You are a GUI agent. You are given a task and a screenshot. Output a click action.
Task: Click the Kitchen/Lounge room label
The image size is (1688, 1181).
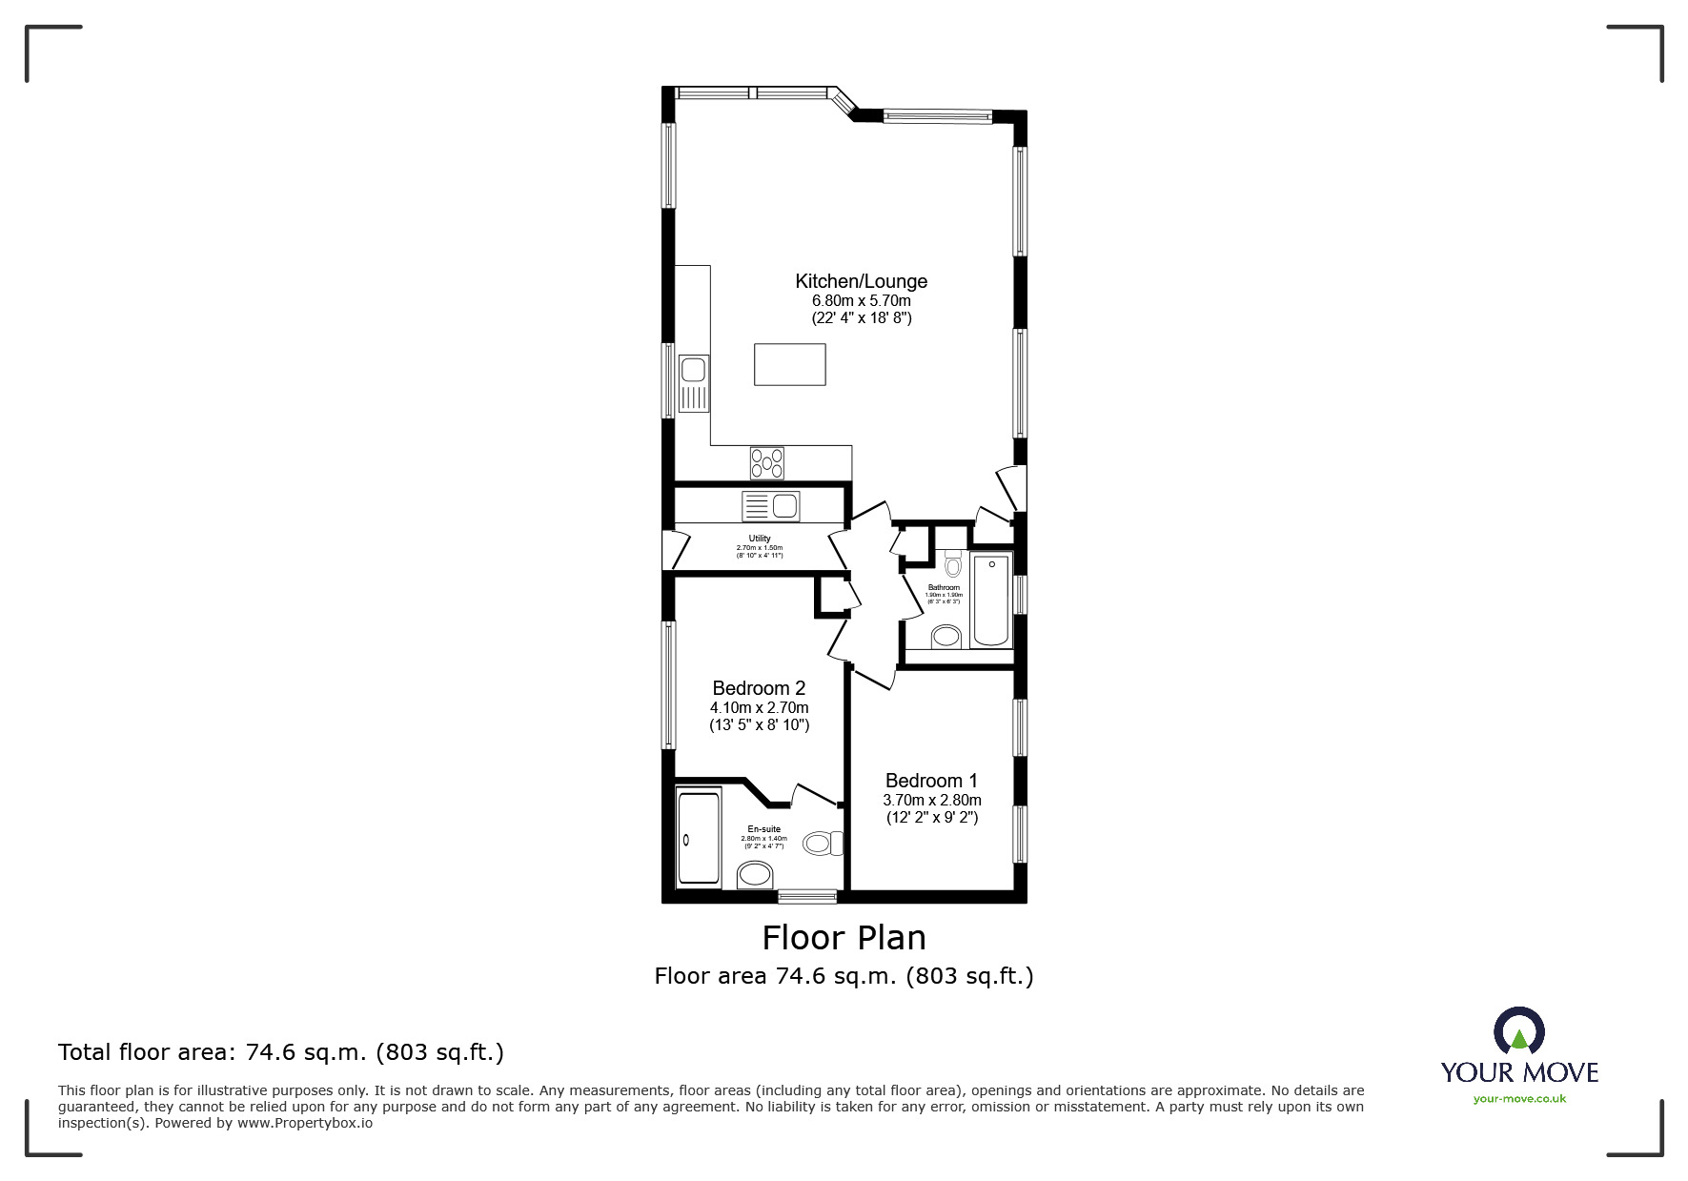pyautogui.click(x=861, y=281)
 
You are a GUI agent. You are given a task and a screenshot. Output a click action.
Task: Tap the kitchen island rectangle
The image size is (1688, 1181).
pyautogui.click(x=789, y=364)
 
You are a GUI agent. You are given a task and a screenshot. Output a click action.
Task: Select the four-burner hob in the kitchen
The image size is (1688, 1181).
pyautogui.click(x=767, y=462)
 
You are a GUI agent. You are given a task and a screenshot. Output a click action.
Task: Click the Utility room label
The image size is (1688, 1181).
pyautogui.click(x=760, y=539)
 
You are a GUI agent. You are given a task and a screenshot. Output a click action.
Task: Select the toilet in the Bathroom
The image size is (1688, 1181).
pyautogui.click(x=954, y=564)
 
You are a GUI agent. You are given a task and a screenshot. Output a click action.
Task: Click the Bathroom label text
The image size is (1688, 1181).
pyautogui.click(x=944, y=588)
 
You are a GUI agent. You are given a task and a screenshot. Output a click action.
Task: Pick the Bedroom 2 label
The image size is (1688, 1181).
pyautogui.click(x=759, y=688)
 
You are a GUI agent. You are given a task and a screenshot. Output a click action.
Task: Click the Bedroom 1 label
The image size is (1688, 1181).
pyautogui.click(x=931, y=781)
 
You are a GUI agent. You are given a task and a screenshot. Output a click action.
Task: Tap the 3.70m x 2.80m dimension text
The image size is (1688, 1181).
pyautogui.click(x=931, y=800)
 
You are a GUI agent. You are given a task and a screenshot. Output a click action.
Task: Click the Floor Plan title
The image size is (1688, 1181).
pyautogui.click(x=844, y=938)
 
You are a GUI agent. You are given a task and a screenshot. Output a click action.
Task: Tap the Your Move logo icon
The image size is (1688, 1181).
pyautogui.click(x=1518, y=1031)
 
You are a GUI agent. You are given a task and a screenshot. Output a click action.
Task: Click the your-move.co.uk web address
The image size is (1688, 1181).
pyautogui.click(x=1519, y=1099)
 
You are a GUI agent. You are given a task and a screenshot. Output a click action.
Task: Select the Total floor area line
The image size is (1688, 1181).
pyautogui.click(x=281, y=1052)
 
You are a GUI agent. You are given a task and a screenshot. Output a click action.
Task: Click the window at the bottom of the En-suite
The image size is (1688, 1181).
pyautogui.click(x=806, y=896)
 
